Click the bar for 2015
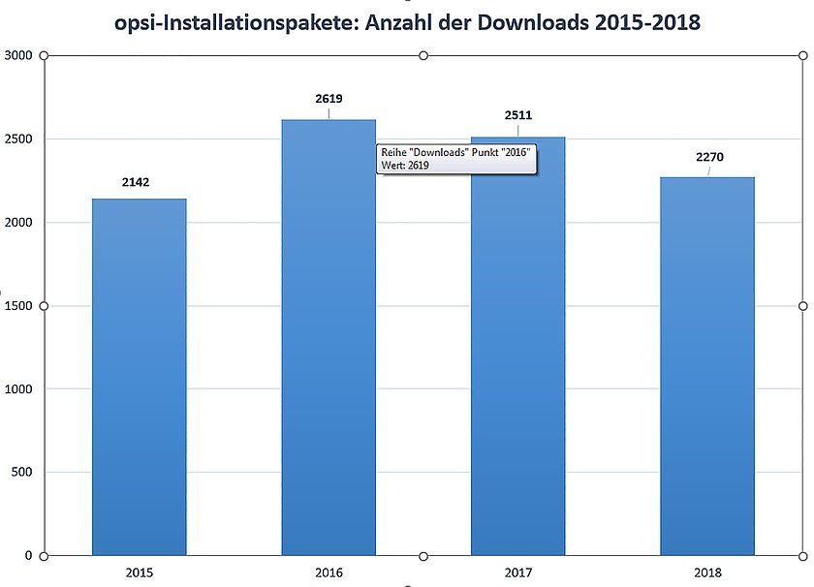pyautogui.click(x=140, y=377)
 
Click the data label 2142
pyautogui.click(x=137, y=182)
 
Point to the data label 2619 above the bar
pyautogui.click(x=329, y=99)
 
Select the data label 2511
pyautogui.click(x=518, y=115)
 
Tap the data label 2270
pyautogui.click(x=709, y=157)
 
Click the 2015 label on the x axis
pyautogui.click(x=139, y=573)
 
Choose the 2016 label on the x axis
pyautogui.click(x=329, y=573)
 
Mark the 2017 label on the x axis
pyautogui.click(x=518, y=573)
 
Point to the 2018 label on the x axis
pyautogui.click(x=707, y=573)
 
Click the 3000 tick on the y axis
pyautogui.click(x=17, y=56)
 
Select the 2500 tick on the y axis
pyautogui.click(x=17, y=139)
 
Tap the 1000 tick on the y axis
pyautogui.click(x=17, y=389)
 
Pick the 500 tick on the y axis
pyautogui.click(x=21, y=473)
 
